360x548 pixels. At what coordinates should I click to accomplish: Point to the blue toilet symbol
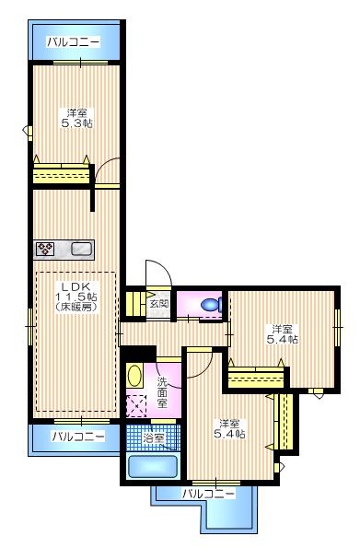pos(210,304)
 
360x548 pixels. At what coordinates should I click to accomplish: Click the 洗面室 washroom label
pos(162,392)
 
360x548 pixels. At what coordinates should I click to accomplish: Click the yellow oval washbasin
pos(134,376)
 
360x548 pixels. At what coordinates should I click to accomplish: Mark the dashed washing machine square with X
pos(137,406)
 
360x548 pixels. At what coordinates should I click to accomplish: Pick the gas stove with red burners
pos(46,248)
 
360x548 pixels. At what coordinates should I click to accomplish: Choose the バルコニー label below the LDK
pos(77,436)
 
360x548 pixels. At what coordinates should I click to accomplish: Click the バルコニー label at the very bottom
pos(207,494)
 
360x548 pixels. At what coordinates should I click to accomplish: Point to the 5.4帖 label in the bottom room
pos(229,428)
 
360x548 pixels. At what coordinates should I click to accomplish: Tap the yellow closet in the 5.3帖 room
pos(61,175)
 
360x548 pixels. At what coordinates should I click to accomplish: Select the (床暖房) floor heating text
pos(75,307)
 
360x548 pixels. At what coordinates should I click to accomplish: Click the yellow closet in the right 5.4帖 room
pos(256,376)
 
